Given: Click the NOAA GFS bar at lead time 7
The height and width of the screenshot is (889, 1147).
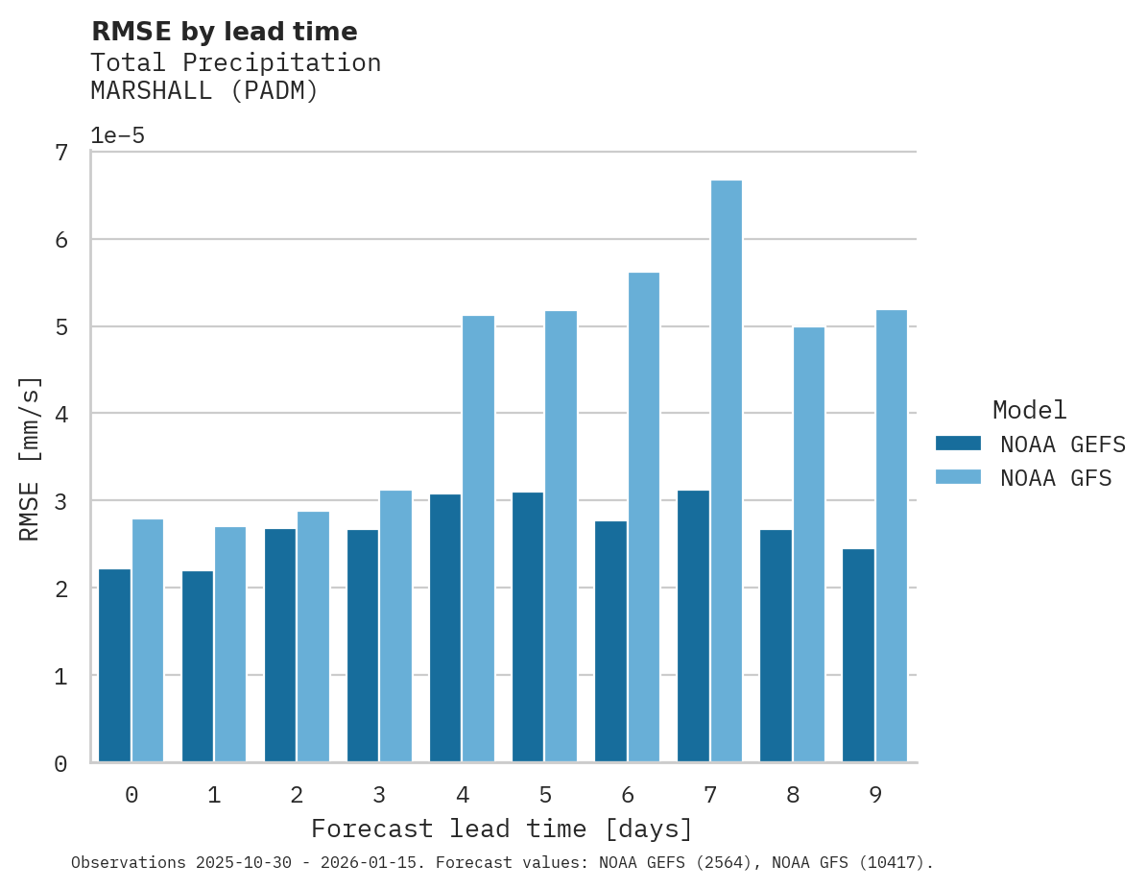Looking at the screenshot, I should (726, 470).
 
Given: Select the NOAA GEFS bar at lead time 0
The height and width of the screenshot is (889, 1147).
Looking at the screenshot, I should (114, 665).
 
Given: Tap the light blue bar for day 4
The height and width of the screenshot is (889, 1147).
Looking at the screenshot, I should (478, 539).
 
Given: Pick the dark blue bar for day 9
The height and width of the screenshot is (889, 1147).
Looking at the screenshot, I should (858, 656).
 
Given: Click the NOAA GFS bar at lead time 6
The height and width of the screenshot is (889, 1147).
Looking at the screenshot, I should (643, 517).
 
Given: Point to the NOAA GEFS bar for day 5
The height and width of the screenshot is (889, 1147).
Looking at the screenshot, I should (528, 627).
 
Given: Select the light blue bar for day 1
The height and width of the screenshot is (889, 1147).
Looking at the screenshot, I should (230, 644).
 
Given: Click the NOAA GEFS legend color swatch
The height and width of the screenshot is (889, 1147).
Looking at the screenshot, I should (958, 444).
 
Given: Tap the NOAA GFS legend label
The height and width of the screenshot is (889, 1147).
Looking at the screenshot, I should (1056, 478).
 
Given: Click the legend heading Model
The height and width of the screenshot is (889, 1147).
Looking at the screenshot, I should (1029, 411).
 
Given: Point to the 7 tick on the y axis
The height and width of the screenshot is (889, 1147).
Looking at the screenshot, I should (61, 153).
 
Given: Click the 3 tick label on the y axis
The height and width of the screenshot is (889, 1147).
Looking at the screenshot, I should (61, 502).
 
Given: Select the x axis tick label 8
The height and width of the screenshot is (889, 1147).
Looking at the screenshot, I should (792, 795).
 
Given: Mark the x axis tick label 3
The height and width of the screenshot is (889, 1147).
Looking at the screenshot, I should (379, 795).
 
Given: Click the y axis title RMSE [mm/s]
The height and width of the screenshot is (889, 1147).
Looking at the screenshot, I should (31, 459).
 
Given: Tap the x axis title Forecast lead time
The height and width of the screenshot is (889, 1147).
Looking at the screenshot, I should (501, 829).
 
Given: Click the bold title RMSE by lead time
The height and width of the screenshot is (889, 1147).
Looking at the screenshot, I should (224, 32).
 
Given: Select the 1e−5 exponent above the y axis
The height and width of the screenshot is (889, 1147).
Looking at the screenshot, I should (117, 135).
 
